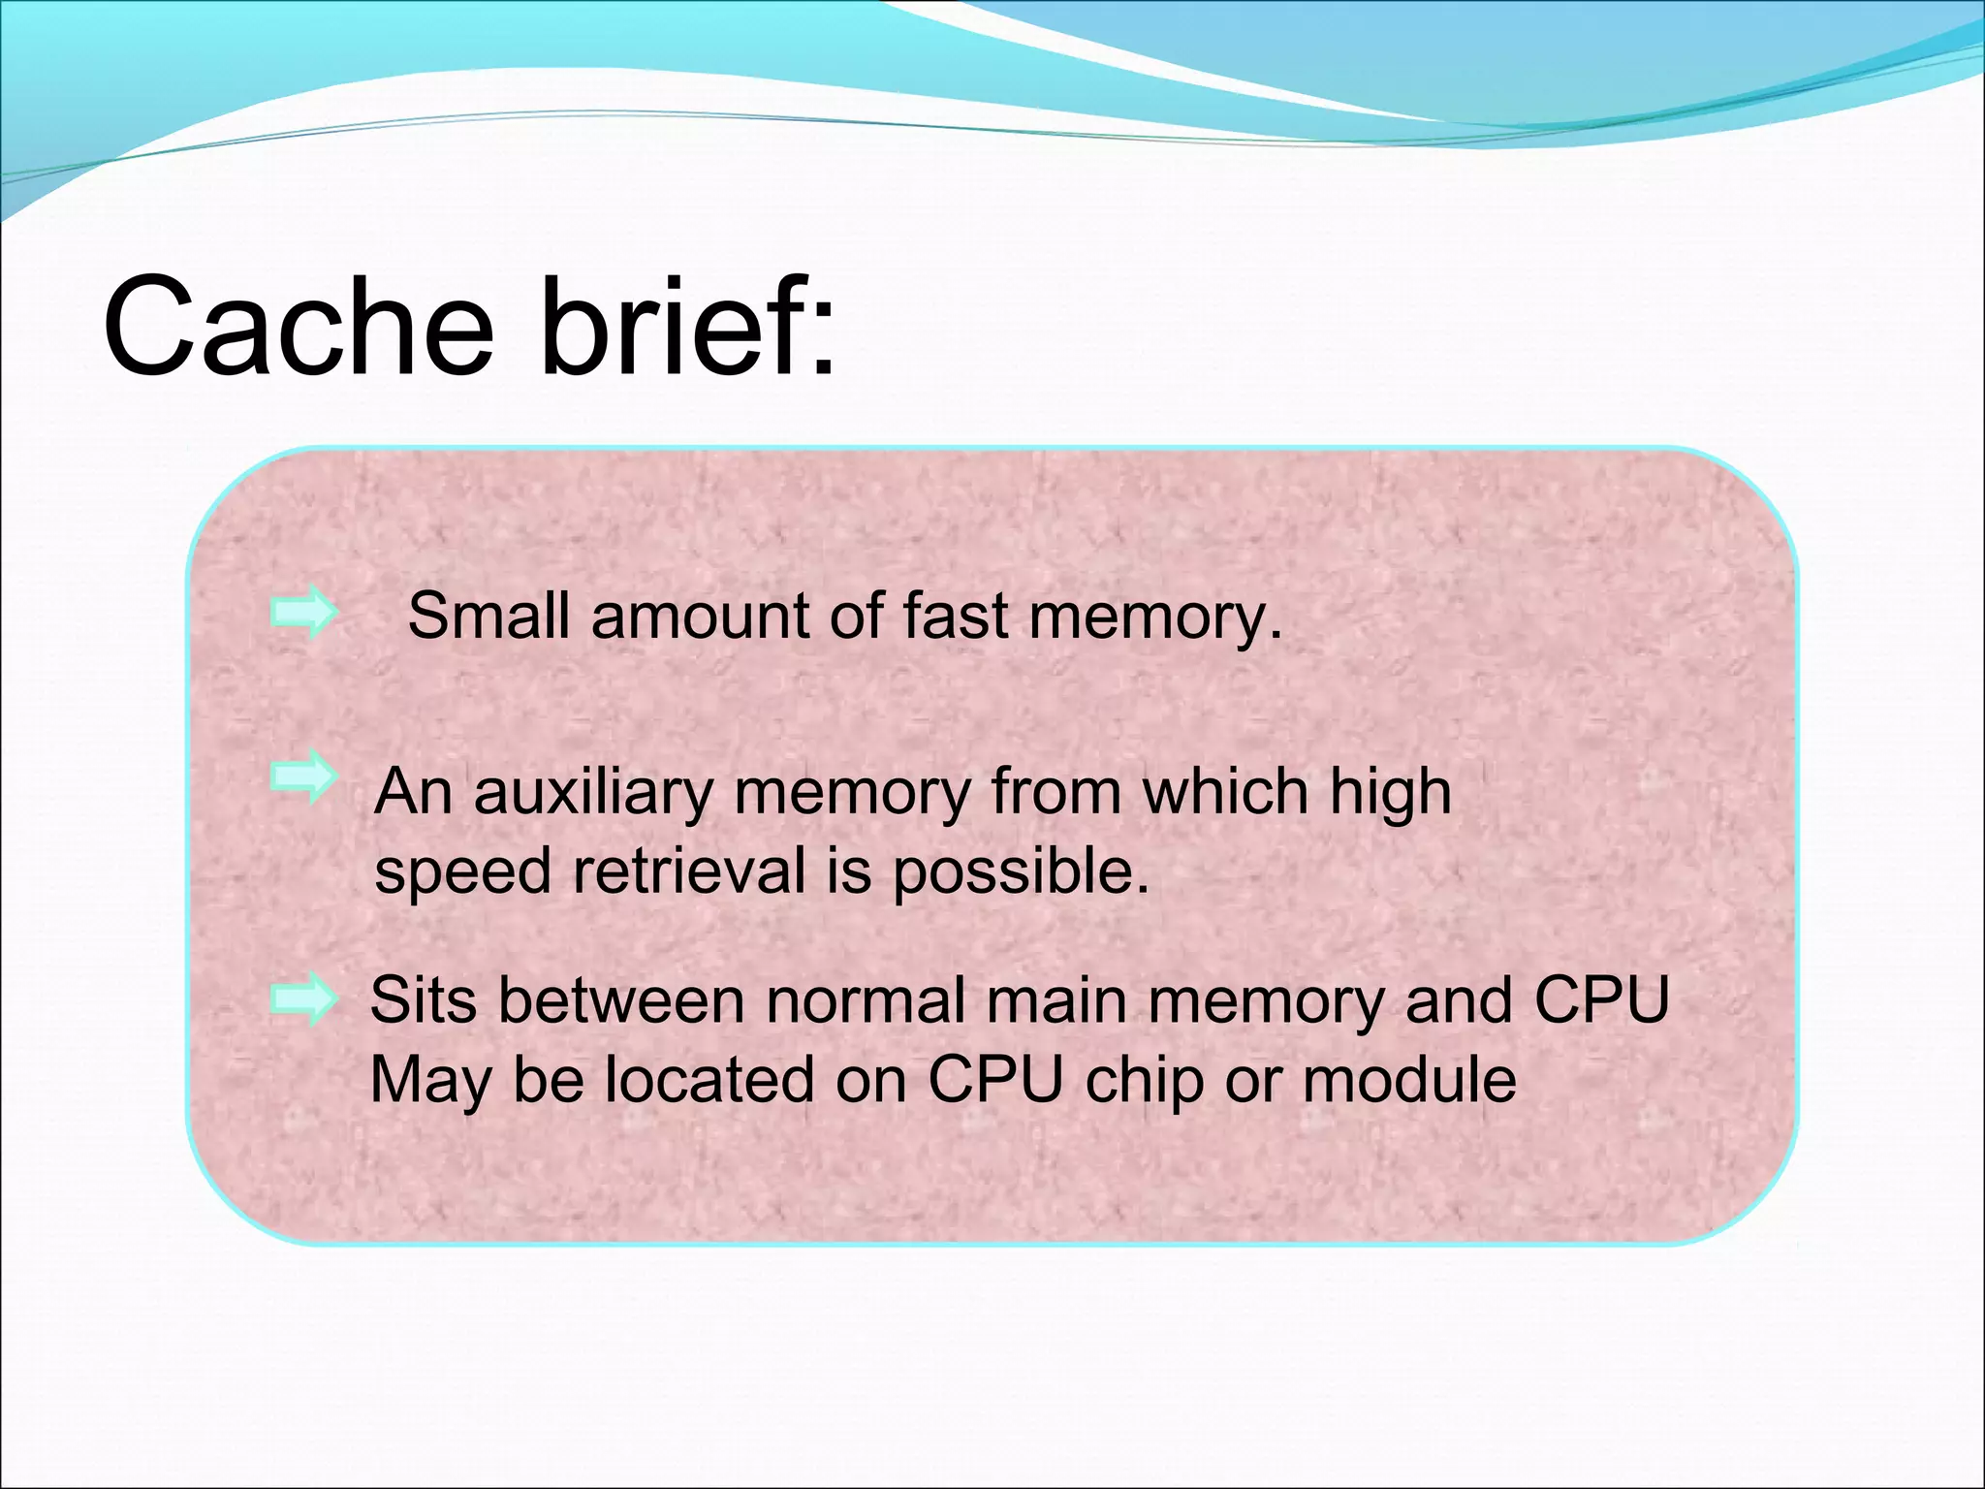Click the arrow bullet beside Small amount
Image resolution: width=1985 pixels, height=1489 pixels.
click(x=304, y=613)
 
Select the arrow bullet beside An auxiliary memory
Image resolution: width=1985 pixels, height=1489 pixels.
click(x=304, y=778)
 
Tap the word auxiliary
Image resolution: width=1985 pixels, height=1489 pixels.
click(x=592, y=793)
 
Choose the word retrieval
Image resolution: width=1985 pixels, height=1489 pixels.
click(x=689, y=870)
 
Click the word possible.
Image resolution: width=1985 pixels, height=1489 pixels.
click(x=1020, y=870)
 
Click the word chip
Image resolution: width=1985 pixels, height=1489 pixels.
click(x=1144, y=1081)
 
